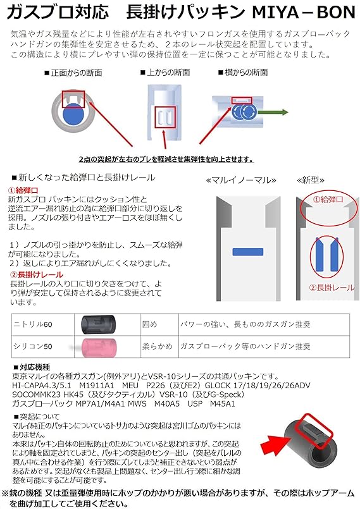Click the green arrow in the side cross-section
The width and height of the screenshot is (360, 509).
point(256,113)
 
